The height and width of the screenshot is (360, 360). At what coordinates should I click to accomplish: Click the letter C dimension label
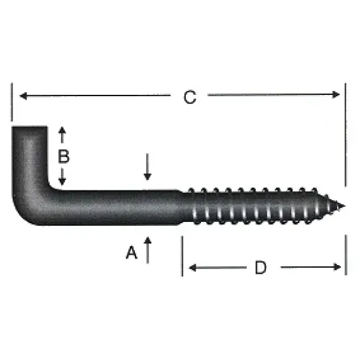point(190,98)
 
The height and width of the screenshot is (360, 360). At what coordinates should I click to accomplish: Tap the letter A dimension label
point(131,252)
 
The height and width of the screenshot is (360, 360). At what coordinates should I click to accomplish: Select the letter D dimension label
point(261,268)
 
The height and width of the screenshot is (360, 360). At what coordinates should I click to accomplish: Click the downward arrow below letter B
point(63,179)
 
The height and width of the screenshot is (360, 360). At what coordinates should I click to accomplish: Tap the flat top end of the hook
point(30,128)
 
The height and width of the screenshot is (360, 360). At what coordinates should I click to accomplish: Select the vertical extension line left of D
point(182,255)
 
